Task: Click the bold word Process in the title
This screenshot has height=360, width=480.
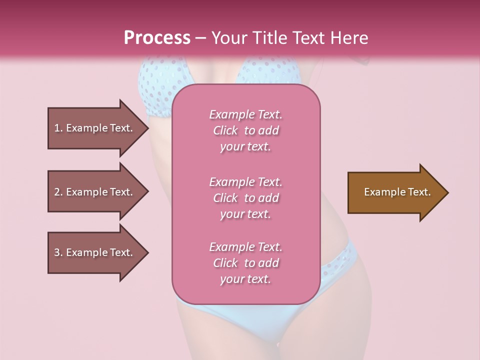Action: click(x=157, y=38)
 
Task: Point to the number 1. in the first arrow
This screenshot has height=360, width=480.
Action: click(x=59, y=128)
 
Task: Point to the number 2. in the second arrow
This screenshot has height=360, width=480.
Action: click(x=59, y=192)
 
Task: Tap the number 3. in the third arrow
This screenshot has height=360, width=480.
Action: click(x=59, y=252)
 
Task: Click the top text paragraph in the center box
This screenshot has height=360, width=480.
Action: click(x=245, y=130)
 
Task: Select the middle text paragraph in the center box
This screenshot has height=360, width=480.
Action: click(x=245, y=198)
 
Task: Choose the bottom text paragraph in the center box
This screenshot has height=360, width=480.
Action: click(x=245, y=263)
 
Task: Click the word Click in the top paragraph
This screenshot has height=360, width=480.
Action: click(x=225, y=131)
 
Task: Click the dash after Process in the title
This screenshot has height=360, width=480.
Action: click(x=201, y=38)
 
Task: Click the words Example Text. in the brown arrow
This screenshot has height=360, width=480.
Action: click(x=397, y=192)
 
